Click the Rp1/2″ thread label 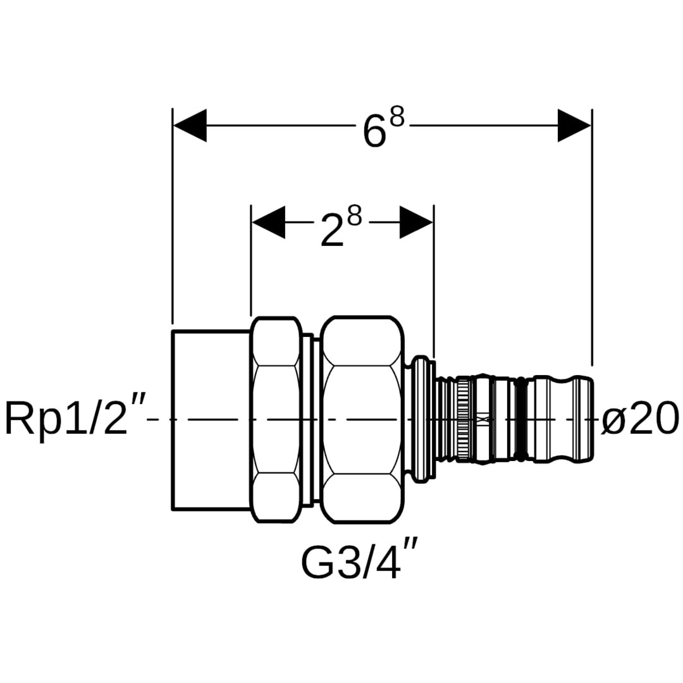[75, 419]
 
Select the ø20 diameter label [639, 419]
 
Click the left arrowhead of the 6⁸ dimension [190, 125]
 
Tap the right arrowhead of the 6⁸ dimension [574, 125]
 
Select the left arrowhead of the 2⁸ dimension [268, 222]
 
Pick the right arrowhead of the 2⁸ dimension [416, 222]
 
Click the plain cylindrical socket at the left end [211, 419]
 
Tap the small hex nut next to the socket [276, 419]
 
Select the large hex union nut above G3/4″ [362, 419]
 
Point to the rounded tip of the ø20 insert [587, 419]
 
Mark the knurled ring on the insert [464, 419]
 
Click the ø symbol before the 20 [613, 419]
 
